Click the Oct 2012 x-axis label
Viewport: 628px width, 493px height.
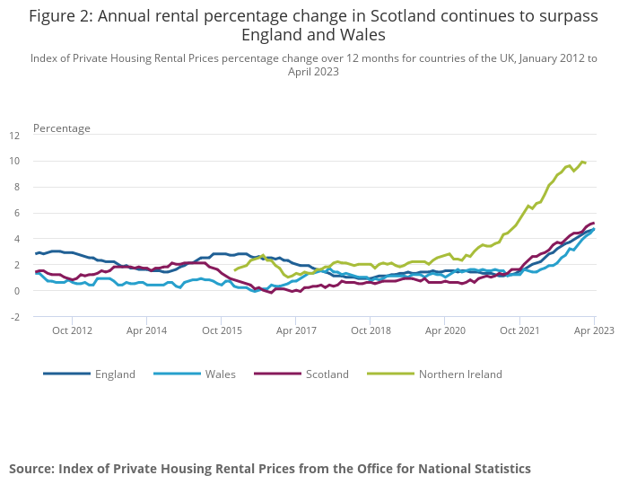72,330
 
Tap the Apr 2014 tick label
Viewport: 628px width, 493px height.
146,330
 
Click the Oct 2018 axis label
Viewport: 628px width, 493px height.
371,330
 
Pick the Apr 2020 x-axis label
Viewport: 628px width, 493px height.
445,330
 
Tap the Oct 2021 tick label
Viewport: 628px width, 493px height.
519,330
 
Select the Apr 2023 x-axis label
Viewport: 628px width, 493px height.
595,330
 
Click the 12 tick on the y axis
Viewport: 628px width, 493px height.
13,136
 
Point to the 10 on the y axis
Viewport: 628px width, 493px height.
13,162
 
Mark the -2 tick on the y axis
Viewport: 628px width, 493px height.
13,317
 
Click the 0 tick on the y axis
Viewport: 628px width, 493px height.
16,291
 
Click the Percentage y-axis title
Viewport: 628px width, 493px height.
62,128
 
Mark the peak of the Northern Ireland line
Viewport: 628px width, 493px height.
581,162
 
